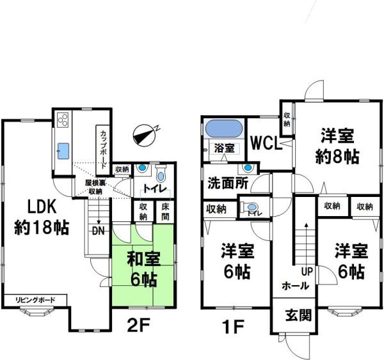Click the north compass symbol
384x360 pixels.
coord(145,135)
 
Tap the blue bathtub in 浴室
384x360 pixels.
coord(224,129)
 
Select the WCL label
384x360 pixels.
coord(266,143)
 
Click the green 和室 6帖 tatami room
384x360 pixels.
coord(143,264)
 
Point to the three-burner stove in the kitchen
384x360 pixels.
coord(63,120)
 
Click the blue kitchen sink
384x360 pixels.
coord(63,151)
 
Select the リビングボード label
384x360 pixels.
coord(35,300)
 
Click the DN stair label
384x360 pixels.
coord(98,231)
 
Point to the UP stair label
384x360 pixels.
coord(307,271)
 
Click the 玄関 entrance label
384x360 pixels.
coord(298,315)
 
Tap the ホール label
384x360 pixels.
coord(295,286)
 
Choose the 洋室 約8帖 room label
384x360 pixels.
coord(337,146)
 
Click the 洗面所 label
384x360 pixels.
coord(228,183)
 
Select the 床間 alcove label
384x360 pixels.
coord(165,212)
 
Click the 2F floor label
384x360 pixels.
coord(138,325)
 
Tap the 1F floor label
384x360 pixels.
coord(233,327)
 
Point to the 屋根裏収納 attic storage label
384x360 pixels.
coord(95,187)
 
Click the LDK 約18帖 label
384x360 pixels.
coord(42,217)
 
